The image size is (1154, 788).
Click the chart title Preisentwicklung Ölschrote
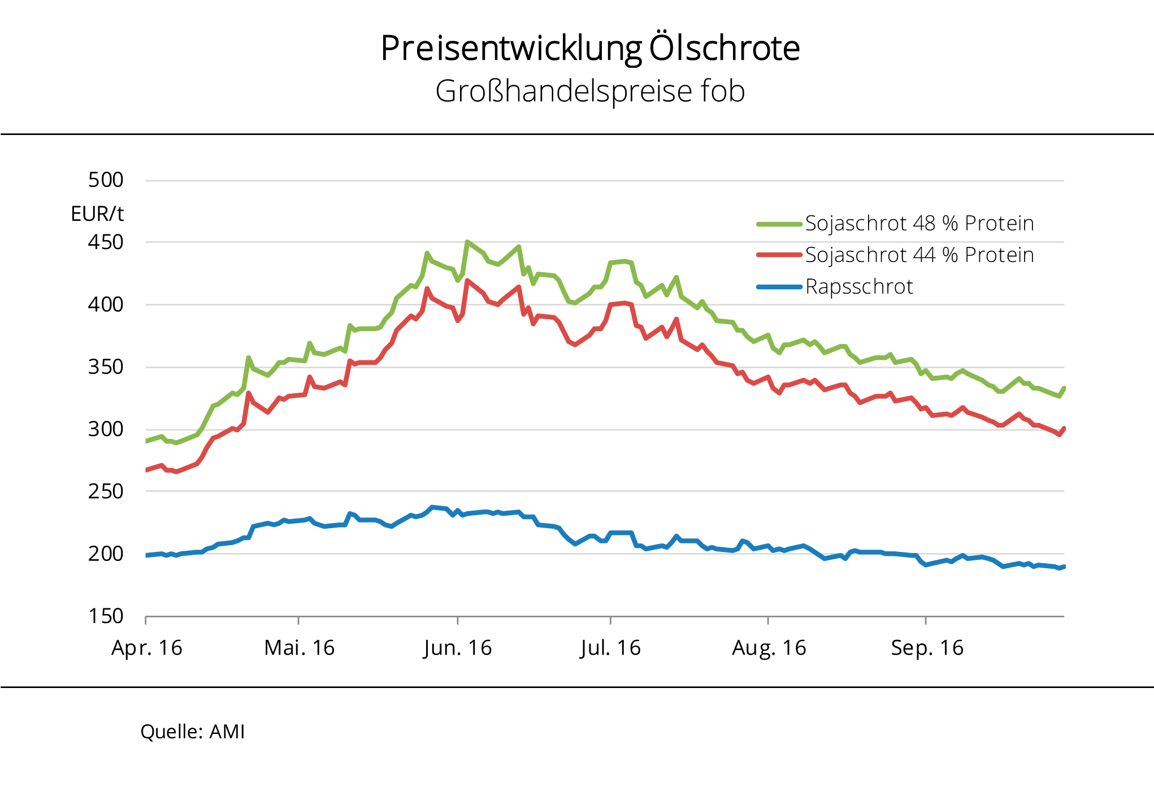590,49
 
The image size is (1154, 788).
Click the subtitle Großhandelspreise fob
590,92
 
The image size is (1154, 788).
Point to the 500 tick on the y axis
106,180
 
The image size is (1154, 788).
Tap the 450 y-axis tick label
106,242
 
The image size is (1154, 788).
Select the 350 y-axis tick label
106,367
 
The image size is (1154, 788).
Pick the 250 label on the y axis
106,491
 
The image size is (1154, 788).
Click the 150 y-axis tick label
106,616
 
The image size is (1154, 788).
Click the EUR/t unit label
97,214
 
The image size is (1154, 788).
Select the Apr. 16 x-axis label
147,648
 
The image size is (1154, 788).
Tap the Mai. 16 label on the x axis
300,648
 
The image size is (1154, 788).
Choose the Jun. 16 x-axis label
458,648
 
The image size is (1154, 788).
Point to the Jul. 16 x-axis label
610,648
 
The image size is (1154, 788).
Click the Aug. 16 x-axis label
769,648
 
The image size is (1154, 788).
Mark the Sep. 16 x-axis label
927,648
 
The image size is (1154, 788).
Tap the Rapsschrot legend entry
858,287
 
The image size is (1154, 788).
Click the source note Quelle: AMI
193,732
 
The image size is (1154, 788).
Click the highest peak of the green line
467,242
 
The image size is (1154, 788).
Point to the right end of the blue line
1064,567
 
